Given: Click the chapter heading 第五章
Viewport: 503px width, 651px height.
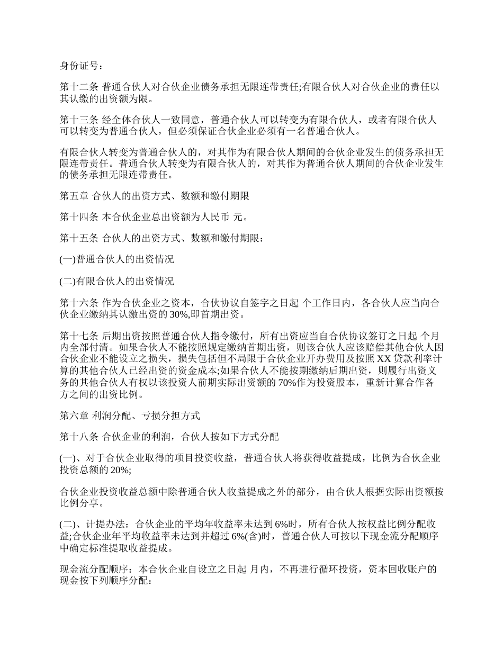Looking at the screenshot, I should (74, 196).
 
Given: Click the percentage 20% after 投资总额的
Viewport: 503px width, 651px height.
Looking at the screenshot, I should (119, 470).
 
